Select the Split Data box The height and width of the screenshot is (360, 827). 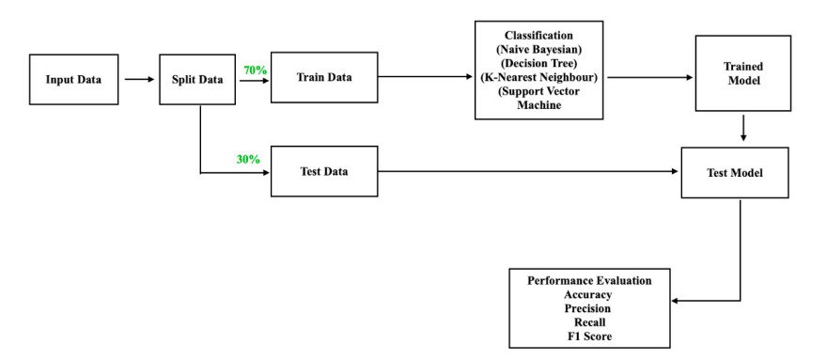point(197,79)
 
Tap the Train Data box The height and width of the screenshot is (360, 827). point(324,76)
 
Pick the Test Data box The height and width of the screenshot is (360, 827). point(324,171)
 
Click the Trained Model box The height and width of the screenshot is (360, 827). point(743,74)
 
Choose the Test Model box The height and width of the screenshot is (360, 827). point(735,172)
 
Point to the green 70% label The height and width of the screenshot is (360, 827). point(256,70)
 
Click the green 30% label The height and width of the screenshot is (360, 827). point(248,159)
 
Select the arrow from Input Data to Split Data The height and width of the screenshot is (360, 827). point(139,79)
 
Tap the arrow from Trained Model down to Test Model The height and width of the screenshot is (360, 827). point(743,128)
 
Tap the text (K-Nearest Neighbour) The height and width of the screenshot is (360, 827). point(537,77)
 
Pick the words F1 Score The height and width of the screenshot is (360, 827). point(588,336)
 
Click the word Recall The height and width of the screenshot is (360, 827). point(588,321)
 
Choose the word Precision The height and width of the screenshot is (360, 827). point(588,307)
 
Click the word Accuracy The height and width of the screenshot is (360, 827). point(588,293)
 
